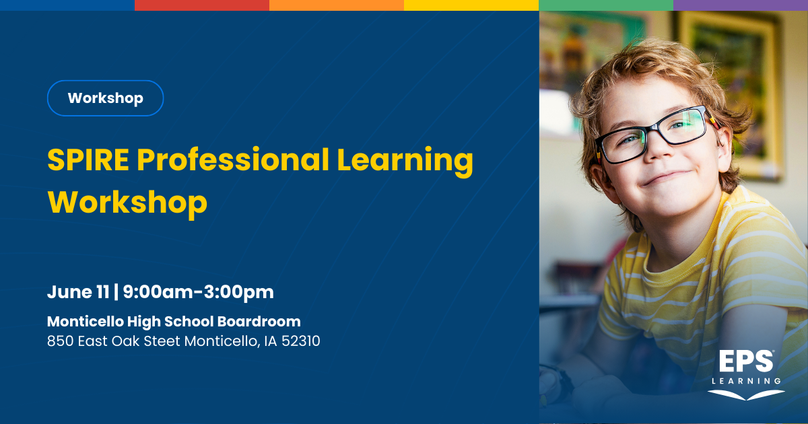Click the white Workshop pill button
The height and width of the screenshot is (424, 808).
pyautogui.click(x=105, y=98)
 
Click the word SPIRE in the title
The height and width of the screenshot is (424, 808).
pyautogui.click(x=88, y=160)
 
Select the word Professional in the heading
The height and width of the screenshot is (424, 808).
pyautogui.click(x=233, y=160)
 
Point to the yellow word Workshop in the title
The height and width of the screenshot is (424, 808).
pyautogui.click(x=127, y=203)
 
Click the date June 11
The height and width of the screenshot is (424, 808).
pyautogui.click(x=78, y=291)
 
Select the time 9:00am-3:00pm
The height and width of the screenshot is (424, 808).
pyautogui.click(x=199, y=292)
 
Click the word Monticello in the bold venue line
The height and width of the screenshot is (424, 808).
pyautogui.click(x=85, y=321)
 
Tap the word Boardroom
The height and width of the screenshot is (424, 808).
pyautogui.click(x=259, y=321)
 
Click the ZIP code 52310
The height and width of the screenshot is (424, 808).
pyautogui.click(x=301, y=341)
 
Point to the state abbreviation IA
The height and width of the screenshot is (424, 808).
pyautogui.click(x=271, y=341)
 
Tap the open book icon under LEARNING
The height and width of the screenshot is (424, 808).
pyautogui.click(x=746, y=395)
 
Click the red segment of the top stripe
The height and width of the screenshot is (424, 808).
pyautogui.click(x=202, y=5)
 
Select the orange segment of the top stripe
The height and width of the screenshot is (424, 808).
pyautogui.click(x=337, y=5)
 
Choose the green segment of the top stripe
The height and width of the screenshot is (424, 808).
pyautogui.click(x=606, y=5)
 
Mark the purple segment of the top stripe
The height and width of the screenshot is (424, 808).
pyautogui.click(x=741, y=5)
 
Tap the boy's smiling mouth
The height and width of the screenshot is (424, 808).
pyautogui.click(x=665, y=178)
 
